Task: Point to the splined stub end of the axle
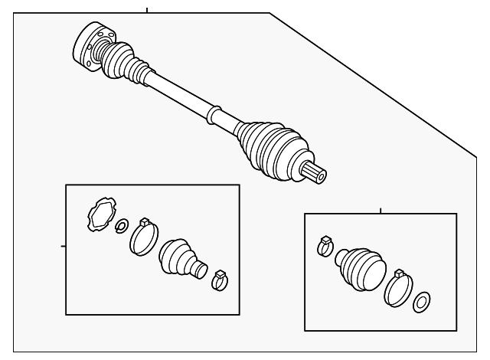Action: [316, 173]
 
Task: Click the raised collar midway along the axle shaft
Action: [214, 115]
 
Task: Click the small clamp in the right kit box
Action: [325, 246]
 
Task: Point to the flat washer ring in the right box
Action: [421, 303]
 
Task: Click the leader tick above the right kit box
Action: [381, 209]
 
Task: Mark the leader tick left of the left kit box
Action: [63, 246]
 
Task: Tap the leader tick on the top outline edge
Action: [146, 10]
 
